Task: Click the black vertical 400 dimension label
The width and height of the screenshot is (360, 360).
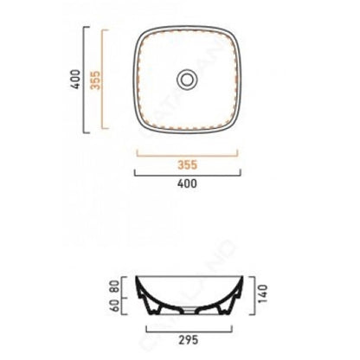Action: click(76, 80)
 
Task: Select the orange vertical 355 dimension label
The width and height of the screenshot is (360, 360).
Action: click(95, 80)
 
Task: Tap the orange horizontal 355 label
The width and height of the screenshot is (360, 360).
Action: click(187, 165)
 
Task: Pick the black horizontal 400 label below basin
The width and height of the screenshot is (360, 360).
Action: click(187, 183)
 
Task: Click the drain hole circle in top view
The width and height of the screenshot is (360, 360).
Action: click(187, 79)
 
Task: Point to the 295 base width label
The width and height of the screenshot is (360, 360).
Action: click(189, 340)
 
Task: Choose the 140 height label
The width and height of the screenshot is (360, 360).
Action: click(263, 294)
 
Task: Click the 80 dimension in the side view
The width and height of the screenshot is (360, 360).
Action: click(114, 286)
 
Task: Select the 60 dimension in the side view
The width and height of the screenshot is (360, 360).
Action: click(114, 305)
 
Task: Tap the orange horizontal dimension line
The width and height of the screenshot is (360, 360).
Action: click(187, 156)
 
